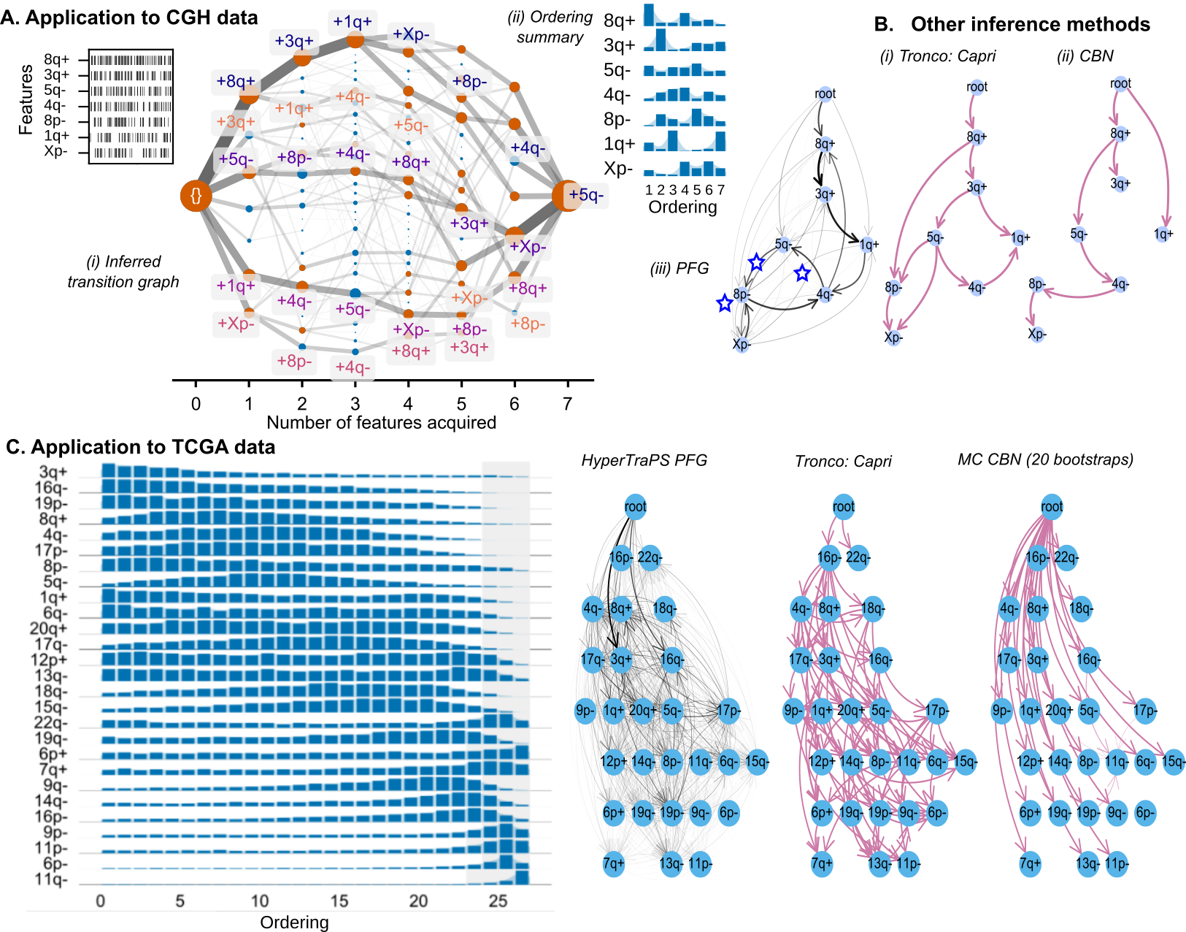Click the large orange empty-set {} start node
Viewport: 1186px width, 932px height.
196,196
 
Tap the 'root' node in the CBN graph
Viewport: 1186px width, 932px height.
1120,84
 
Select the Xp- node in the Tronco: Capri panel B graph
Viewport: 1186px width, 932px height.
893,337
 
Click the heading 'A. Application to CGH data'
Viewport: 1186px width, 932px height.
129,18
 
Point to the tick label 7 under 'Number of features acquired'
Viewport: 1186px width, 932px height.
567,404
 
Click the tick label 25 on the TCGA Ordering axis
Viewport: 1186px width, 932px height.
498,901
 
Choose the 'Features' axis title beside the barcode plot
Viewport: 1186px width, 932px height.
26,99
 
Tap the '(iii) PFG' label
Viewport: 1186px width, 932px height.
679,269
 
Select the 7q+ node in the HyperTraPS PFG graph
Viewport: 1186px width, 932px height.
614,864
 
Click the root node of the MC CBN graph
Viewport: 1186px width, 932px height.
1052,507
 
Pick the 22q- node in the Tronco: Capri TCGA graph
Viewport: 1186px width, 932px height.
858,558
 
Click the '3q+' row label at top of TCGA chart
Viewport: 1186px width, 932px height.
53,472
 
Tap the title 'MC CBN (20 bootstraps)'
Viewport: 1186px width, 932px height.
1045,459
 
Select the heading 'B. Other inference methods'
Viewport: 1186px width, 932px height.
1012,24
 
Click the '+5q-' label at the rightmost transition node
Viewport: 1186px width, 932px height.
586,195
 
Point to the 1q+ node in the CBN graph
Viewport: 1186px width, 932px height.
1163,234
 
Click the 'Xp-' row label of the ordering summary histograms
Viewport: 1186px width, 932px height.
618,169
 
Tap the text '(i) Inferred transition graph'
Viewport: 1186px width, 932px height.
123,272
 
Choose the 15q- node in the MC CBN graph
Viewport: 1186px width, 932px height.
1174,762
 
